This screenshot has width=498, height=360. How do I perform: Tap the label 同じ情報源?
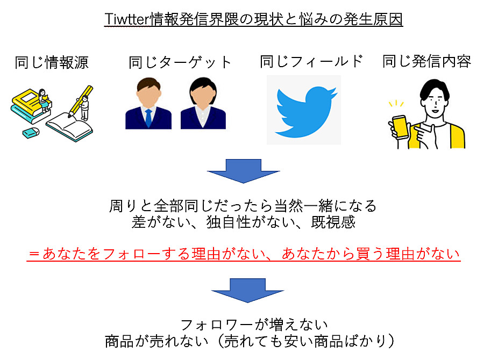52,62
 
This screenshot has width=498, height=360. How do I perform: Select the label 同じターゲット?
180,62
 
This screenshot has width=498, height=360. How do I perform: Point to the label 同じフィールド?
311,61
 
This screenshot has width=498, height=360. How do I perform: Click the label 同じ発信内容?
426,61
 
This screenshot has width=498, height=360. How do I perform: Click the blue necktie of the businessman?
148,117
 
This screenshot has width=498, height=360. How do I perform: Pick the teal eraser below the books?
31,133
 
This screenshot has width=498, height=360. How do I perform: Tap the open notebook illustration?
69,127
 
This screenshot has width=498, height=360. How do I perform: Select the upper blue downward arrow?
243,171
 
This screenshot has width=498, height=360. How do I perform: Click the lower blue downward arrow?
247,290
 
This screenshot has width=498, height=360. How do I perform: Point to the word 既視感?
333,222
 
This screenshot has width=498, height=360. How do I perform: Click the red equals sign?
34,254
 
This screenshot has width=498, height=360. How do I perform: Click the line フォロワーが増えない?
254,325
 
